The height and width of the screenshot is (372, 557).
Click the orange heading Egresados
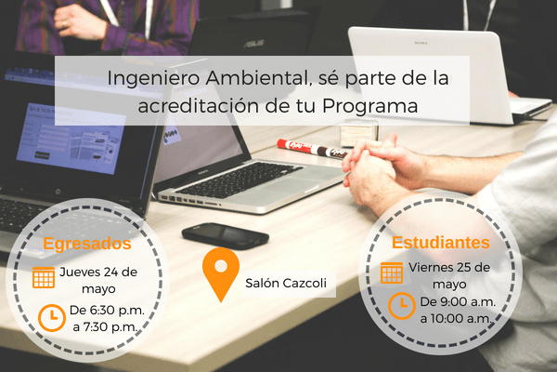[87, 245]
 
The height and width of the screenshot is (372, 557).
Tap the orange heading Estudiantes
[441, 243]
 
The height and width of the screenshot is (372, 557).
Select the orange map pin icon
[221, 274]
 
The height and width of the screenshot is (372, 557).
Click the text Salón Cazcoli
[286, 283]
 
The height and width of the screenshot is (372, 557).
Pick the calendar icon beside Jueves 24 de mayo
[44, 277]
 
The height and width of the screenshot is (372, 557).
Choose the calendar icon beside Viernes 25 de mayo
[392, 272]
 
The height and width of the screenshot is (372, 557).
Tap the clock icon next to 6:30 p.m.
[52, 317]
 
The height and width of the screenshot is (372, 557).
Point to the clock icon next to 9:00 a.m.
[401, 305]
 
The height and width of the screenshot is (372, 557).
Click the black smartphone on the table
[225, 236]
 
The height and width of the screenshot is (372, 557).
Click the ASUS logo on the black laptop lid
[253, 44]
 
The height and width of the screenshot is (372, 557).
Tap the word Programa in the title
[369, 106]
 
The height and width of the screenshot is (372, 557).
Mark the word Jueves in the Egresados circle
[79, 272]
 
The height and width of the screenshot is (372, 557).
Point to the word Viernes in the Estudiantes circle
[430, 268]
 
